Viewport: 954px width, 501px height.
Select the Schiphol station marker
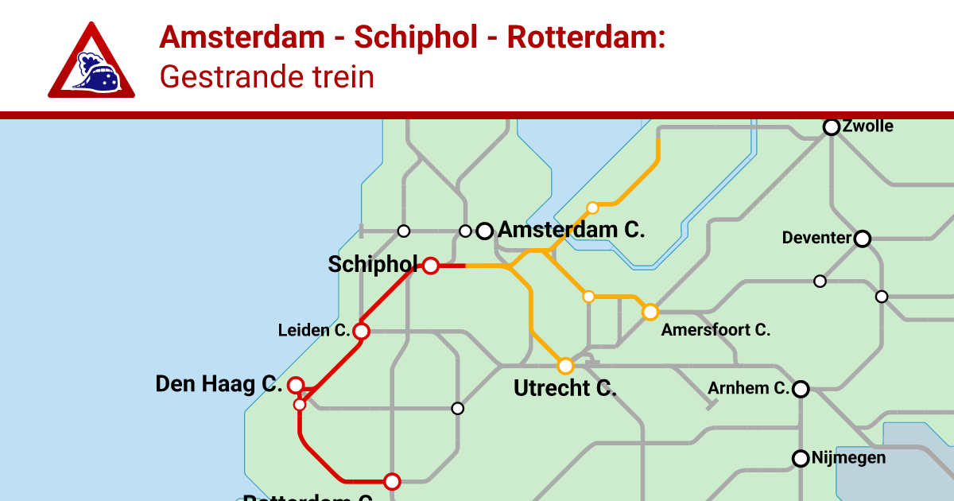point(430,266)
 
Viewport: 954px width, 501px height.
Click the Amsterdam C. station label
point(571,231)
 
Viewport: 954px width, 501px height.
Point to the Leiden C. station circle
point(361,331)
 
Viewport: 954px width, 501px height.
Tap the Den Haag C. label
point(219,385)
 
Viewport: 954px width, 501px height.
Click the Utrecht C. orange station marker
point(565,366)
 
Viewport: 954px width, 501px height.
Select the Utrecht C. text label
point(565,389)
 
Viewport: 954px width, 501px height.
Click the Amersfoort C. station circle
point(650,312)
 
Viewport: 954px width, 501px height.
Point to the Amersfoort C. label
point(715,330)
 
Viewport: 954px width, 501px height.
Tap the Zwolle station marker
point(832,127)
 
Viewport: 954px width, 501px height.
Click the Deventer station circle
point(862,238)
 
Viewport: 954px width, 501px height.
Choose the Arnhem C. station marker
point(801,389)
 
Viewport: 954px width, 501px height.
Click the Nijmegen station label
point(848,458)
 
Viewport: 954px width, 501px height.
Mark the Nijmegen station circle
point(801,458)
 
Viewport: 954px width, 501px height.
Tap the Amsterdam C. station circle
point(484,231)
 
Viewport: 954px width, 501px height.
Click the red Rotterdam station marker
point(391,481)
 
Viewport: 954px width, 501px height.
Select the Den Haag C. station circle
point(296,386)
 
